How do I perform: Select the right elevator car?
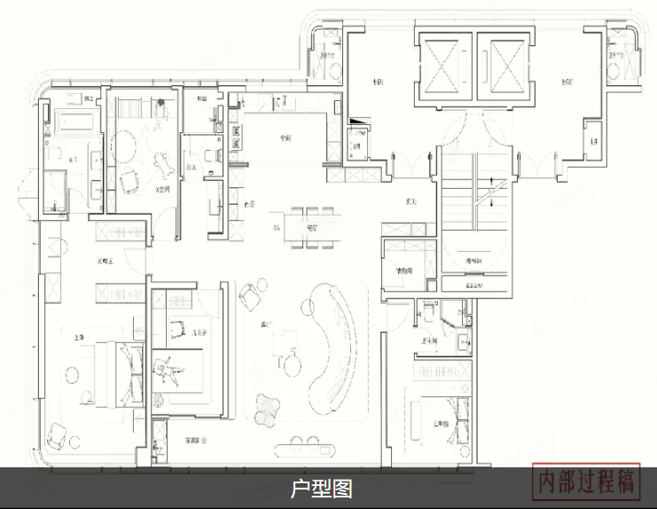(503, 68)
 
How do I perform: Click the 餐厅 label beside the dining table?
(310, 228)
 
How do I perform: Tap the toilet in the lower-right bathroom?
(426, 312)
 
